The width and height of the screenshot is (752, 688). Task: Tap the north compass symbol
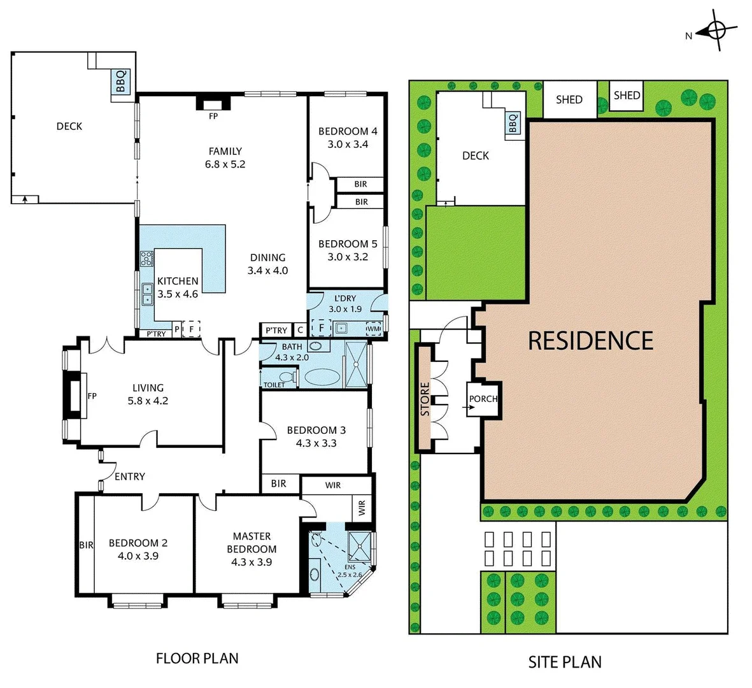pos(716,30)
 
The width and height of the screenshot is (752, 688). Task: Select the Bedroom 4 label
pos(348,131)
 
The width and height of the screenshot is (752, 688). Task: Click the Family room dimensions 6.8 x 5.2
pos(225,164)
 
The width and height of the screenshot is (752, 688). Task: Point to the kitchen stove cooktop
pos(147,259)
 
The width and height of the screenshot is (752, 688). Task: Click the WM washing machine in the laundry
pos(373,329)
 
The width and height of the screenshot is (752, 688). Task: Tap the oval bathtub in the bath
pos(322,377)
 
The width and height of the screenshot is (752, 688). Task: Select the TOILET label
pos(274,385)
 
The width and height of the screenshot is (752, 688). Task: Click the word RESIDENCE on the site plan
pos(590,341)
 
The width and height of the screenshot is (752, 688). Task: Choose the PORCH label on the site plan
pos(483,399)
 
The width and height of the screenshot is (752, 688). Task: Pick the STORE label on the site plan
pos(425,399)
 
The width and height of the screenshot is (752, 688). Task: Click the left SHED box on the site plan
pos(569,99)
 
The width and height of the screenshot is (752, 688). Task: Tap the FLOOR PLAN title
pos(197,658)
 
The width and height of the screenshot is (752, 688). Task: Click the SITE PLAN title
pos(565,662)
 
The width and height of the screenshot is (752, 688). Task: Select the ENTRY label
pos(130,477)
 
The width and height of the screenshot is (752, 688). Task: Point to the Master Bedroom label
pos(252,543)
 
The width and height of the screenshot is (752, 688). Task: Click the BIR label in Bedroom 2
pos(86,545)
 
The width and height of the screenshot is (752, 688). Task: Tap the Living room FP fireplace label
pos(92,396)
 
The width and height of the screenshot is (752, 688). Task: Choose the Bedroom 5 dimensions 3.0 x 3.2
pos(348,257)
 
